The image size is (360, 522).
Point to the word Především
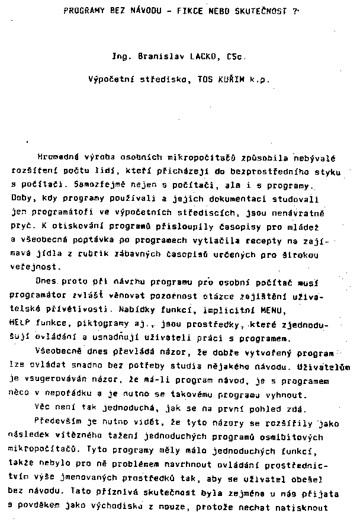tap(60, 424)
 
